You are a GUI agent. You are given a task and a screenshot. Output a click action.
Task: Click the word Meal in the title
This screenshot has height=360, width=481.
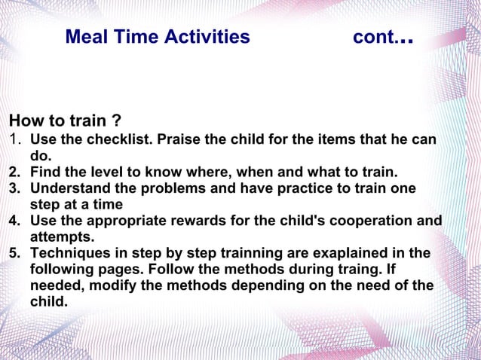(85, 37)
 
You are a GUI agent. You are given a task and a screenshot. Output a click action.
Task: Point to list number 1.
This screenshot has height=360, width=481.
(14, 139)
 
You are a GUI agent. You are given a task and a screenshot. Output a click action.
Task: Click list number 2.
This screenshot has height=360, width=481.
(14, 172)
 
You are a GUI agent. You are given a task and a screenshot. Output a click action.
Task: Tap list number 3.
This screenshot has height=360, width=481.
(14, 188)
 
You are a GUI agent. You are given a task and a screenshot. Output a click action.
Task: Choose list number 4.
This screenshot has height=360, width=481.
(14, 221)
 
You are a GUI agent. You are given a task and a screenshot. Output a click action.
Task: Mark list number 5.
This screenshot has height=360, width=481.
(14, 253)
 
